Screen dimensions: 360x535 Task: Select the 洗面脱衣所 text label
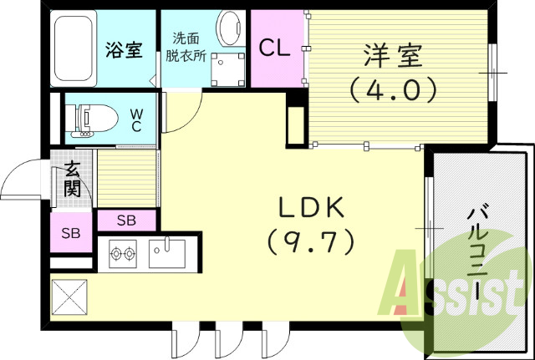(x=185, y=48)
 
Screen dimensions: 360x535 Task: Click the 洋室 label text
(x=392, y=56)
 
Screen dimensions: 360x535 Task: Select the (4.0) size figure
(x=392, y=89)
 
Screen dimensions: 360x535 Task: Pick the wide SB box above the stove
(x=126, y=221)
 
